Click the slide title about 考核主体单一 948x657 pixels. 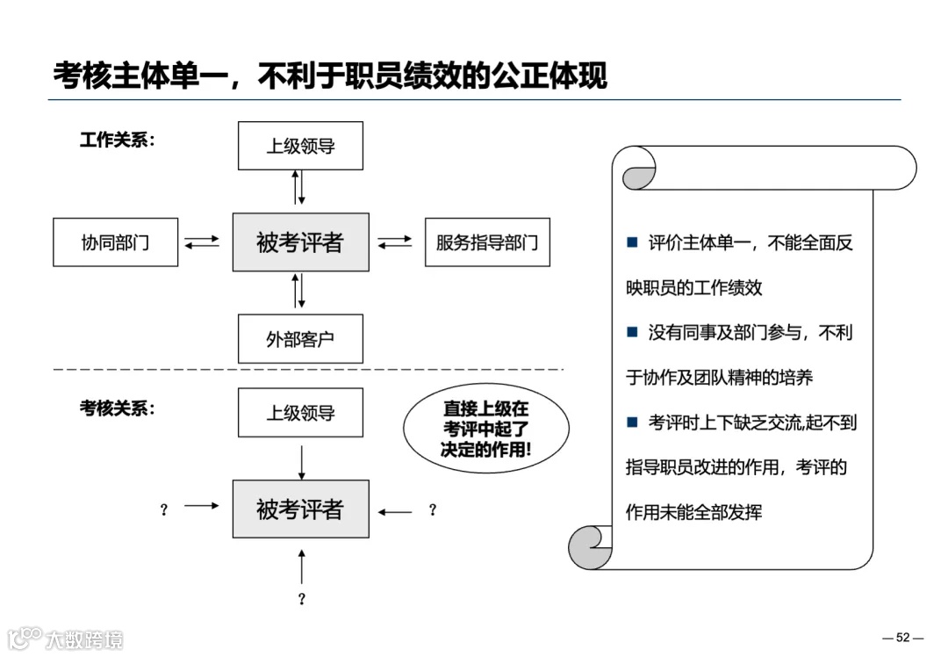pyautogui.click(x=330, y=76)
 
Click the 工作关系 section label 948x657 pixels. pyautogui.click(x=117, y=140)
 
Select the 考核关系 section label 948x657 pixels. pyautogui.click(x=117, y=408)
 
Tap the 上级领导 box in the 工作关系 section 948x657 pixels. pyautogui.click(x=300, y=146)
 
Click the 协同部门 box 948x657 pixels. pyautogui.click(x=115, y=242)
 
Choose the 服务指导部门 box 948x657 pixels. pyautogui.click(x=487, y=242)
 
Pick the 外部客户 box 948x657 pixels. pyautogui.click(x=300, y=339)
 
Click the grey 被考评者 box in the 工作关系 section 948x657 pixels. pyautogui.click(x=300, y=242)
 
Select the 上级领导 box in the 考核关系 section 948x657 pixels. pyautogui.click(x=300, y=413)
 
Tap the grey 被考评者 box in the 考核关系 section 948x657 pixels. pyautogui.click(x=300, y=509)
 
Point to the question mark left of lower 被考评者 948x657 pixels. pyautogui.click(x=163, y=510)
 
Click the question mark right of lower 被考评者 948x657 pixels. pyautogui.click(x=432, y=510)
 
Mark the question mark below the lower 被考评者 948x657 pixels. pyautogui.click(x=301, y=599)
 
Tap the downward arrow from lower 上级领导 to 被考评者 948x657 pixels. pyautogui.click(x=301, y=461)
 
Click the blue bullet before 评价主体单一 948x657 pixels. pyautogui.click(x=631, y=242)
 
